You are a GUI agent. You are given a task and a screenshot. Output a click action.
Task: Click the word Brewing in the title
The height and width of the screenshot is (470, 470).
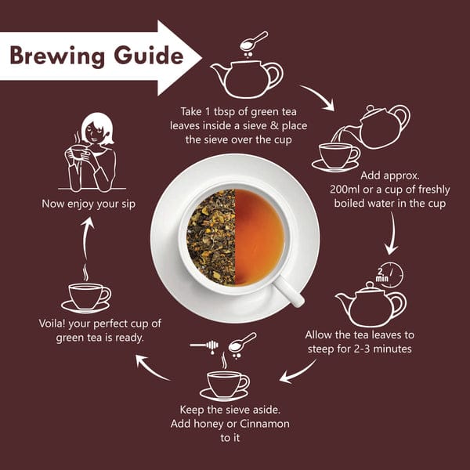point(57,56)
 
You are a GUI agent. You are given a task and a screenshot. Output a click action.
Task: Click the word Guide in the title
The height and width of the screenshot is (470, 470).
point(149,55)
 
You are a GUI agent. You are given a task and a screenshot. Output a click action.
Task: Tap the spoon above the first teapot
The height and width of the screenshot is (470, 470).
point(254,42)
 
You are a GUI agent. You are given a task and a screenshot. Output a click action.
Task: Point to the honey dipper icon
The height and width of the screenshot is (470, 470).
point(204,345)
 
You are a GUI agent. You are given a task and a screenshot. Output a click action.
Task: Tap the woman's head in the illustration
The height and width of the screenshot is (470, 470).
point(97,129)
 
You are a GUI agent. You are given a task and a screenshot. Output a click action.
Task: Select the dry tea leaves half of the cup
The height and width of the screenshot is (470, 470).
point(211,237)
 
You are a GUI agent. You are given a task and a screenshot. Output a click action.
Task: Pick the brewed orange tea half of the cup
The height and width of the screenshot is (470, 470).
point(259,237)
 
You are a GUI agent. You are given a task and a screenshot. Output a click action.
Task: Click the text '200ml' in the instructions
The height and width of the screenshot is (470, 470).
point(345,190)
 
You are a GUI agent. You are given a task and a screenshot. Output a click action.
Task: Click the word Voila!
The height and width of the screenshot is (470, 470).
point(52,324)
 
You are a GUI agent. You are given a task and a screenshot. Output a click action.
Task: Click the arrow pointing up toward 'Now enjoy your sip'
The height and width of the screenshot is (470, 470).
point(86,238)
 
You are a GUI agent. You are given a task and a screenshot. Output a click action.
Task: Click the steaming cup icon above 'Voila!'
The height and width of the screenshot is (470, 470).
point(86,293)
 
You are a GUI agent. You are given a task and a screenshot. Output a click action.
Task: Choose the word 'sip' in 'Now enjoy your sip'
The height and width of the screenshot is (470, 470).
point(128,204)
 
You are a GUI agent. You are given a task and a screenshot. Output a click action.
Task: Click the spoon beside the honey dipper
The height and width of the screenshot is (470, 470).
point(242,344)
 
